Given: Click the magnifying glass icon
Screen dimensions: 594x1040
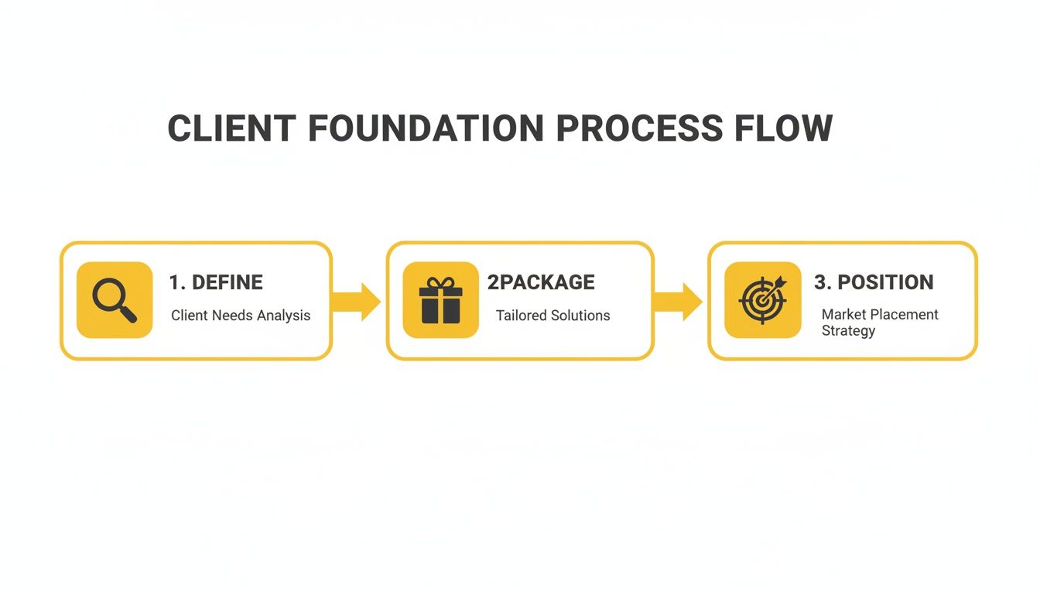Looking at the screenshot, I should click(x=115, y=300).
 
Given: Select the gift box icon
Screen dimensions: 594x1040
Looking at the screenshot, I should click(x=440, y=301).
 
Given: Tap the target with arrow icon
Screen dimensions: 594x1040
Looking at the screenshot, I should click(x=762, y=300).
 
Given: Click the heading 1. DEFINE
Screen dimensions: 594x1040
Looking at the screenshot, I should click(x=216, y=282).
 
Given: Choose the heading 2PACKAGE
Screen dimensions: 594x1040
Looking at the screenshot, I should click(x=541, y=282).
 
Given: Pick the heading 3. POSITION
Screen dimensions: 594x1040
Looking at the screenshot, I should click(x=874, y=282).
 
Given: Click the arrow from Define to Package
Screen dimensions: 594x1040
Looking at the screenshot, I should click(x=357, y=301).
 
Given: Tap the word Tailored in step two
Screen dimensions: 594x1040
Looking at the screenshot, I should click(x=522, y=316).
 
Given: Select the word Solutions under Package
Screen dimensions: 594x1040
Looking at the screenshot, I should click(x=580, y=316).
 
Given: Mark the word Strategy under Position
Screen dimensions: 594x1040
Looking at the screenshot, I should click(x=848, y=331).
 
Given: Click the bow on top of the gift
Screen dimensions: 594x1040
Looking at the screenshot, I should click(x=440, y=283).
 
